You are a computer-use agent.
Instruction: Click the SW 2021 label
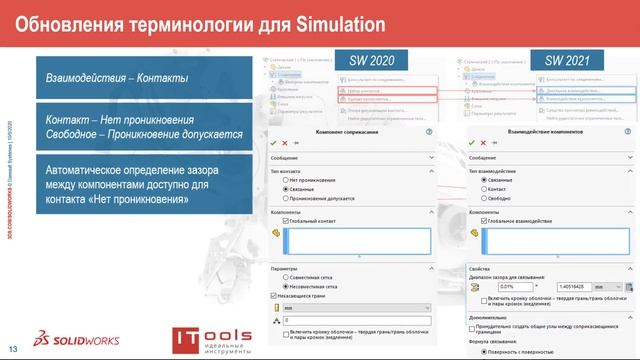565,62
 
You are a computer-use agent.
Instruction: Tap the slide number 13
13,348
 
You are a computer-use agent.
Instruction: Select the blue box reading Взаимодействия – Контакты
140,77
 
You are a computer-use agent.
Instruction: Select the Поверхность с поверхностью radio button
485,352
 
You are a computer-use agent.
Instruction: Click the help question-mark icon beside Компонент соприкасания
428,131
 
